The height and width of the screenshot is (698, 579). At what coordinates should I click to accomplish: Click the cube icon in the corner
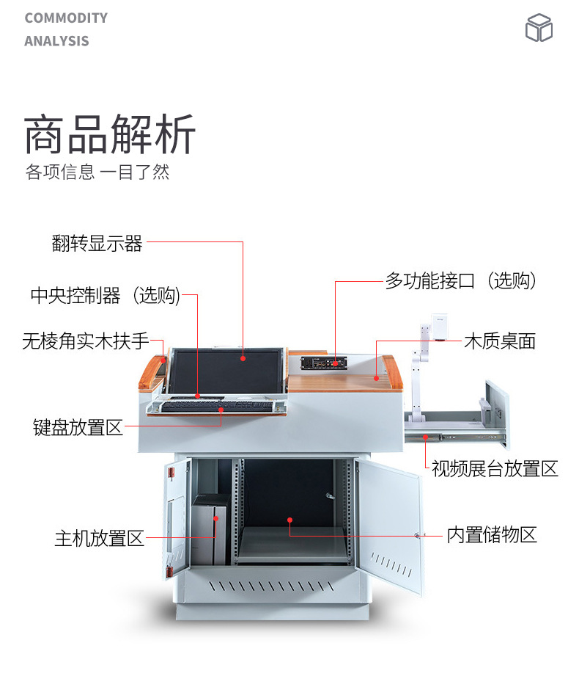click(x=539, y=28)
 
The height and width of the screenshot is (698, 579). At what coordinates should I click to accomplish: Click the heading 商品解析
click(x=110, y=134)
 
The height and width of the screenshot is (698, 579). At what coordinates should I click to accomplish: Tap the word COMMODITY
click(x=66, y=18)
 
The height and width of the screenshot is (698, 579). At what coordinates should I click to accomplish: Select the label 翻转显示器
click(x=97, y=244)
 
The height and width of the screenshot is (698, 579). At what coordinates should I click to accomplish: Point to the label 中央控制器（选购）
click(x=105, y=295)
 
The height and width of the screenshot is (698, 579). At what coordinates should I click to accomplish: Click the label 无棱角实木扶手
click(x=85, y=341)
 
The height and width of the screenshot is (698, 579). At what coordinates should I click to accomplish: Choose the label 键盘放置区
click(x=78, y=427)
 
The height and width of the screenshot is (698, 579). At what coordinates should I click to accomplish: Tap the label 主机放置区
click(x=100, y=538)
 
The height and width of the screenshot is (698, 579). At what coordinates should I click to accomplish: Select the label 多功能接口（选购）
click(x=461, y=280)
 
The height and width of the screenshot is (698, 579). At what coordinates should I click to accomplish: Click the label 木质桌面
click(x=500, y=341)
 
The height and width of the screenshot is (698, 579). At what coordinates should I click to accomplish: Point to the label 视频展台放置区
click(x=495, y=468)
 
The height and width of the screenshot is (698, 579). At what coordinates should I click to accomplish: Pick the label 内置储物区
click(x=492, y=534)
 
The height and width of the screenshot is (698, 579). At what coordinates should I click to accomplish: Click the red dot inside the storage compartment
click(x=290, y=520)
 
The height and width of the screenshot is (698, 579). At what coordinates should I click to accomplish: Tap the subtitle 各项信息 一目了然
click(x=97, y=172)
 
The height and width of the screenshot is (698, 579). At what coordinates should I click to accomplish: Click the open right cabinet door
click(x=391, y=525)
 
